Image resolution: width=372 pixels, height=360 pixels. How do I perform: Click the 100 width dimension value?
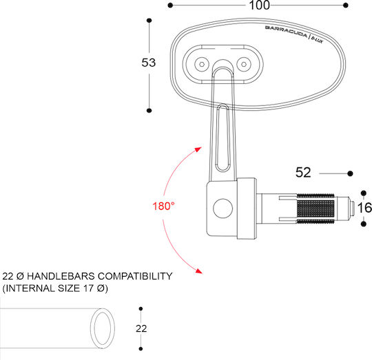pyautogui.click(x=259, y=6)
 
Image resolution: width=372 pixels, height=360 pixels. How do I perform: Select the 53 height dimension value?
pyautogui.click(x=149, y=63)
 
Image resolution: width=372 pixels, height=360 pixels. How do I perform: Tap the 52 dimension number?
pyautogui.click(x=303, y=172)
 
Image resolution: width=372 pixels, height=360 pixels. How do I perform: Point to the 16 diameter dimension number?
pyautogui.click(x=364, y=208)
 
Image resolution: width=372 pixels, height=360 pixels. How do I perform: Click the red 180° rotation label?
pyautogui.click(x=163, y=206)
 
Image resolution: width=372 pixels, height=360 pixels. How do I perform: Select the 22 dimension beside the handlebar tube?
pyautogui.click(x=141, y=328)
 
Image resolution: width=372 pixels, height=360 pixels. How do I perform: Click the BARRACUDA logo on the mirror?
pyautogui.click(x=286, y=31)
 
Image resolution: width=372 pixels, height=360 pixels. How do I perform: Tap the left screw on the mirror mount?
pyautogui.click(x=202, y=64)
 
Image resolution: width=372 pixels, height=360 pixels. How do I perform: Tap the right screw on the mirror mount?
pyautogui.click(x=244, y=64)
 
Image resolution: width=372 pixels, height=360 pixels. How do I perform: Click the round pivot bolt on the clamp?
pyautogui.click(x=223, y=209)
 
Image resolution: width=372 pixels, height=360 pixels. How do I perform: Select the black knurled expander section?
pyautogui.click(x=316, y=209)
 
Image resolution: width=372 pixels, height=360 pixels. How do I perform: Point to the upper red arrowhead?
pyautogui.click(x=198, y=149)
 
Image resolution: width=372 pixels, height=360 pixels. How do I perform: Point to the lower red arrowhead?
pyautogui.click(x=198, y=271)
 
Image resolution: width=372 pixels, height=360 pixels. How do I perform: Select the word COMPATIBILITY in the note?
pyautogui.click(x=135, y=276)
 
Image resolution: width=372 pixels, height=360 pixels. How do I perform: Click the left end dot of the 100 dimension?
pyautogui.click(x=170, y=6)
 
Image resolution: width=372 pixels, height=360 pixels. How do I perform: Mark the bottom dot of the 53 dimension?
pyautogui.click(x=149, y=110)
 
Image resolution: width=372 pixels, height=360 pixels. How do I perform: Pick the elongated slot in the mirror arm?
pyautogui.click(x=223, y=138)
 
